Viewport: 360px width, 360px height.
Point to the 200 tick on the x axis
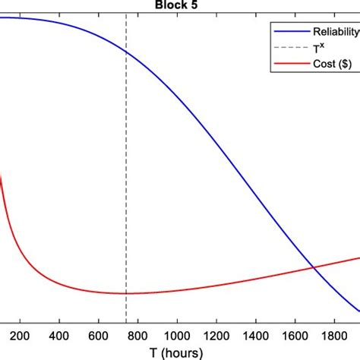20,335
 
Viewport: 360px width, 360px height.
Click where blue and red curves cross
312,267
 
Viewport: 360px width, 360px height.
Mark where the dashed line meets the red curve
126,293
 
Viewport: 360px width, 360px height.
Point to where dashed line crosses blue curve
126,51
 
